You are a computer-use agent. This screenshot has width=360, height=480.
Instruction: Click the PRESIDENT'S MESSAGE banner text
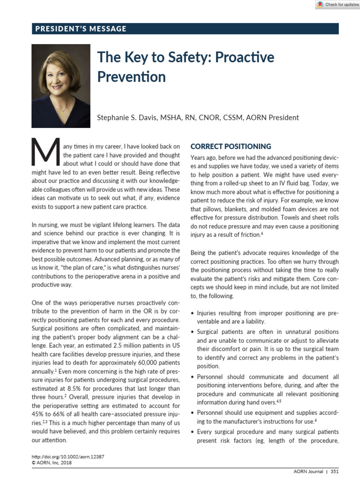81,29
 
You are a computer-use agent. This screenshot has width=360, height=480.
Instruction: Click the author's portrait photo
61,86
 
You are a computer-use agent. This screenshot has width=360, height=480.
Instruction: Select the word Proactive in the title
245,58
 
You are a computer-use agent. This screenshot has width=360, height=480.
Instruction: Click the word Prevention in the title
131,76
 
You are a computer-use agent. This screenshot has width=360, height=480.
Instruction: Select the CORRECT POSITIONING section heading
231,146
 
